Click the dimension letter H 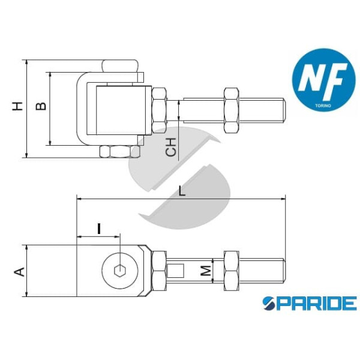coord(19,107)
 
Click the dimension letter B coord(40,107)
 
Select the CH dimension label coord(172,147)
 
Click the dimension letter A coord(19,271)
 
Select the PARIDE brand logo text coord(310,303)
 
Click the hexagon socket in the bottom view coord(118,271)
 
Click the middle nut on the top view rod coord(230,111)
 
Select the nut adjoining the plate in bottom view coord(159,271)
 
